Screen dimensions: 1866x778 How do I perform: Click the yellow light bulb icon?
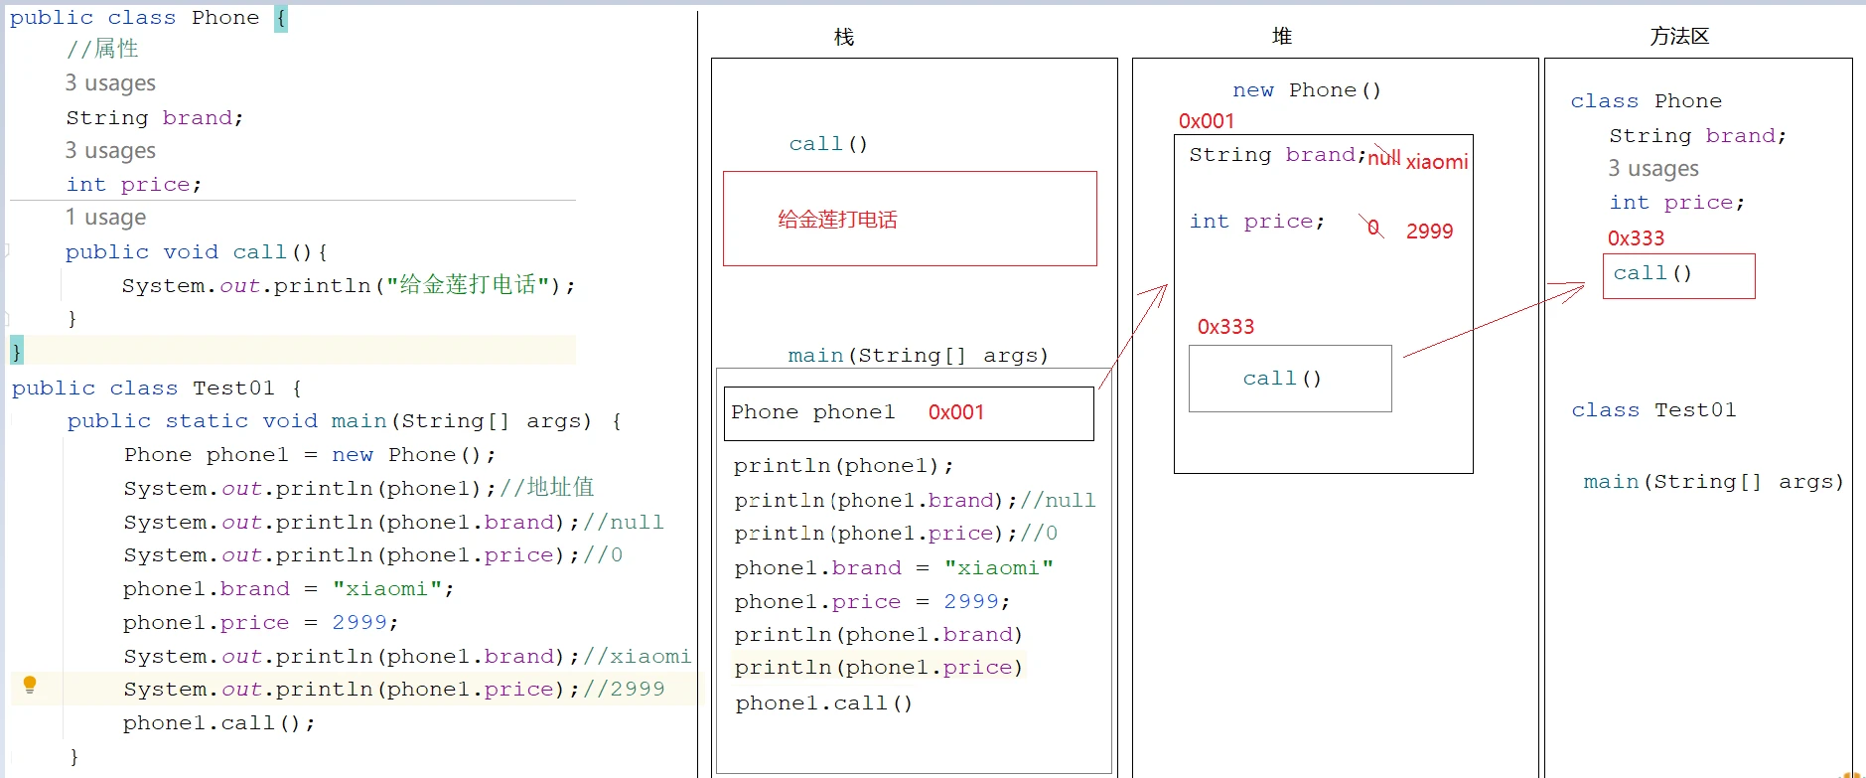[30, 685]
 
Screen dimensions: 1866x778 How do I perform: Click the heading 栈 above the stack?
[844, 37]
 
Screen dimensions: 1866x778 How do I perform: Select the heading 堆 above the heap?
[1282, 37]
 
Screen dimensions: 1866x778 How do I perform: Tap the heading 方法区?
[1679, 37]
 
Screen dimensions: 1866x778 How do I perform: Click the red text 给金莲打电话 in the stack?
[837, 220]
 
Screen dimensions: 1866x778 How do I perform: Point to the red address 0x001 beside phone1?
[955, 412]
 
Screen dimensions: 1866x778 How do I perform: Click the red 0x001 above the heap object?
[1206, 121]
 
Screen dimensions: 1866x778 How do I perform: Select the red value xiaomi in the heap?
[1437, 162]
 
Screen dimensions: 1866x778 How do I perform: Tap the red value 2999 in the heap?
[1429, 232]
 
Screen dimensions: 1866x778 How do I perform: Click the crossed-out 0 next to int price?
[1373, 228]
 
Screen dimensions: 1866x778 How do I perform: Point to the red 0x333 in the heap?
[1225, 327]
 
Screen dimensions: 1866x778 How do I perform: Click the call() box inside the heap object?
[1290, 379]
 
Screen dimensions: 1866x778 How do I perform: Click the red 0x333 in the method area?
[1636, 238]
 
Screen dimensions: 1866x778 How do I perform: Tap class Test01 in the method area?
[1653, 410]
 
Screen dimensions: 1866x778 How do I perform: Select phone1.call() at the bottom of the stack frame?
[823, 703]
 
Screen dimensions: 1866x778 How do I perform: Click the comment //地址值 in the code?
[547, 487]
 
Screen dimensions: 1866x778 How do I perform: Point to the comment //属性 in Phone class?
[102, 49]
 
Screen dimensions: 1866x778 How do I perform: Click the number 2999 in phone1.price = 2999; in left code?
[359, 623]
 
